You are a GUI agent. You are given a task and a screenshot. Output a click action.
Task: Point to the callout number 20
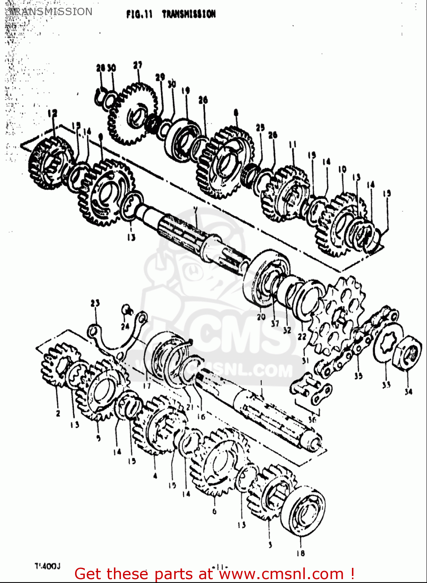pos(261,317)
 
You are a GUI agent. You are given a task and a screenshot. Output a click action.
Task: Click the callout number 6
pos(214,511)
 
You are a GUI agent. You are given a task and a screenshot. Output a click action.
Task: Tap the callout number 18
pos(300,553)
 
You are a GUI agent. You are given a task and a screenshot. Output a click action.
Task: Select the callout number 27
pos(138,65)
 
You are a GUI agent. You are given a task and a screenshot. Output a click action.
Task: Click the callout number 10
pos(342,169)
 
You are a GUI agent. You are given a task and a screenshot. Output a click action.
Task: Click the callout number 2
pos(58,413)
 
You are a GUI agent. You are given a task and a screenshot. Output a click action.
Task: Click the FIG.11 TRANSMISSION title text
pos(171,14)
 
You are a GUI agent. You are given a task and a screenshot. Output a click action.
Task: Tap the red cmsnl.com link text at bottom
pos(214,574)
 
